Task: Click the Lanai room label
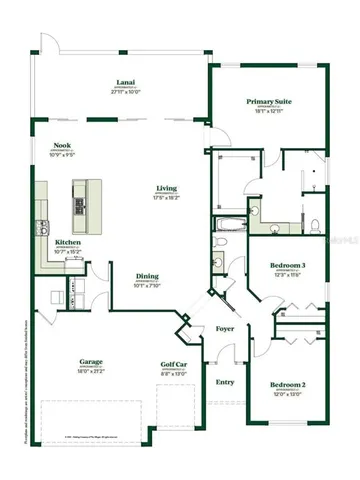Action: pos(125,83)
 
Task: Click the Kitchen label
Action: pos(68,241)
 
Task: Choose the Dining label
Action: pos(147,277)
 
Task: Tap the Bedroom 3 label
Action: pos(287,265)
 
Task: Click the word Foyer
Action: pos(226,329)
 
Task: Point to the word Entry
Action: pos(226,381)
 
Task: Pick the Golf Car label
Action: pos(174,365)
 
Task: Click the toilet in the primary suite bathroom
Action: pos(314,222)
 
